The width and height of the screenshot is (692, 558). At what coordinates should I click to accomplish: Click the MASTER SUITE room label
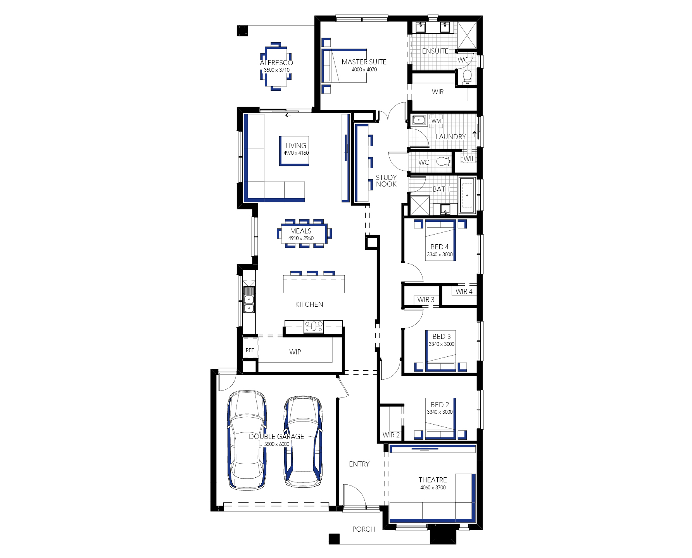(x=364, y=62)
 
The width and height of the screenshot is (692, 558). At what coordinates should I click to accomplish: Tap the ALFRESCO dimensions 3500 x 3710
(x=277, y=70)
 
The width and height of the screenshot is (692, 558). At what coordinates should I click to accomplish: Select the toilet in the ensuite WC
(x=467, y=77)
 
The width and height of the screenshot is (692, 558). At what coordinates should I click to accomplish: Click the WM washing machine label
(x=436, y=121)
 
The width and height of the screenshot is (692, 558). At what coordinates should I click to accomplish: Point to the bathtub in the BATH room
(x=467, y=195)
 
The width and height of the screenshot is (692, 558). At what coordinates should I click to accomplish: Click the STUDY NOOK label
(x=386, y=181)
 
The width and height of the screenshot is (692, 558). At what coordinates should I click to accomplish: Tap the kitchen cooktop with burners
(x=314, y=327)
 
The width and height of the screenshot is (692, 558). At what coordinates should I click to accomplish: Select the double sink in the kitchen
(x=249, y=300)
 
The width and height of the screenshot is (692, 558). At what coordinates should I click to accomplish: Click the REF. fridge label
(x=250, y=350)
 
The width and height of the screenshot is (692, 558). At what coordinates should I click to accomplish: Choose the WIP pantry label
(x=295, y=352)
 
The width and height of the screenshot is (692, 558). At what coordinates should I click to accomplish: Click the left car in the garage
(x=247, y=440)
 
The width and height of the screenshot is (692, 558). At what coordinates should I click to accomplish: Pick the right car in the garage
(x=303, y=441)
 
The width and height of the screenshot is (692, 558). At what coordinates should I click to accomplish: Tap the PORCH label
(x=364, y=529)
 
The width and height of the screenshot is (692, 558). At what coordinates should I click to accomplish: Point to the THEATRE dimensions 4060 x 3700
(x=433, y=488)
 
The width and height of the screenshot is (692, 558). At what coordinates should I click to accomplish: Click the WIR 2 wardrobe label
(x=391, y=435)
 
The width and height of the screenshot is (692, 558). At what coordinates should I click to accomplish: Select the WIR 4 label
(x=464, y=292)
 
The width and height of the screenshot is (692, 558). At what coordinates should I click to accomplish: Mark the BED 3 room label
(x=442, y=337)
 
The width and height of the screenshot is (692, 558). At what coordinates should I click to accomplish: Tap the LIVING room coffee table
(x=294, y=151)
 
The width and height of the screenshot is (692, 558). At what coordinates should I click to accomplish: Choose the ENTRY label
(x=359, y=464)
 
